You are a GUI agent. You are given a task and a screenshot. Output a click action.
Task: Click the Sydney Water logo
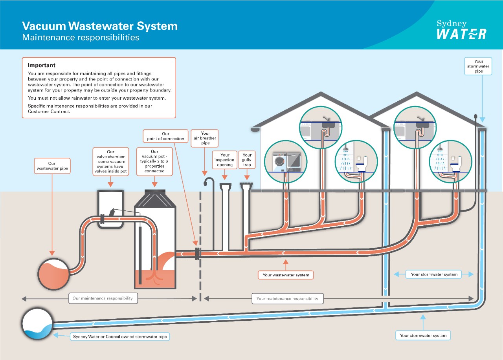(461, 30)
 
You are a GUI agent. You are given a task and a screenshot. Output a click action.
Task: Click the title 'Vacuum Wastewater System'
(100, 26)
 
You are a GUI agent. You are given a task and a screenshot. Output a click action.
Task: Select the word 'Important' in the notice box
(42, 65)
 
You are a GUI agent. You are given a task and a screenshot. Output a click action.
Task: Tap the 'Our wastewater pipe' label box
(52, 166)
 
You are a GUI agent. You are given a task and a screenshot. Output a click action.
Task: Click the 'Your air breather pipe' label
(205, 138)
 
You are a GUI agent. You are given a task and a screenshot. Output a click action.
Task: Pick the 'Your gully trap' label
(247, 160)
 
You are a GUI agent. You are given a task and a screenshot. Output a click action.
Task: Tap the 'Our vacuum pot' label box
(154, 161)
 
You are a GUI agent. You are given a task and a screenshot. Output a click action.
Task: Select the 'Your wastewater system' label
(286, 275)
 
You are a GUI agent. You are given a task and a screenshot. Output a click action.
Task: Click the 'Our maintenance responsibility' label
(103, 298)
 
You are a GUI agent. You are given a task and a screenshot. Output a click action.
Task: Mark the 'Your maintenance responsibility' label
(287, 298)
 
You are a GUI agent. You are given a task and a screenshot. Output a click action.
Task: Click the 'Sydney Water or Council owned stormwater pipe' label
(120, 337)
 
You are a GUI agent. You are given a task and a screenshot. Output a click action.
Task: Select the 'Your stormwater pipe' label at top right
(478, 66)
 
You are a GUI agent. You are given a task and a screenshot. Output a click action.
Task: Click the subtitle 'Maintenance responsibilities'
(81, 38)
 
